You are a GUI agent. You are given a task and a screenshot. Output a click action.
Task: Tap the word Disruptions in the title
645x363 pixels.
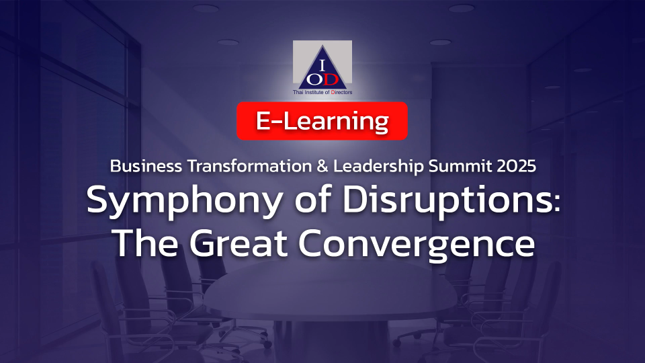tap(446, 202)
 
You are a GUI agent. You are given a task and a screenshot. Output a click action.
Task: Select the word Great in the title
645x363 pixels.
tap(238, 243)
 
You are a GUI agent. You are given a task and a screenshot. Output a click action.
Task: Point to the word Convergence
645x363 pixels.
tap(417, 245)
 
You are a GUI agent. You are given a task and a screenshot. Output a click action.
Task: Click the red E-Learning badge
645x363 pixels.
tap(322, 121)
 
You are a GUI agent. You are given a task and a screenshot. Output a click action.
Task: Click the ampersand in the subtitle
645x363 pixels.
tap(322, 166)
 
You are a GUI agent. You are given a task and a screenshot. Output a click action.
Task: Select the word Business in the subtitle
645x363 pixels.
tap(146, 166)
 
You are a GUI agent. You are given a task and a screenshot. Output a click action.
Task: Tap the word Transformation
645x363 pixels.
tap(250, 166)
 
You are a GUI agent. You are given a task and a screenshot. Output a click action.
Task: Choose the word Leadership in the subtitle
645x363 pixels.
tap(378, 167)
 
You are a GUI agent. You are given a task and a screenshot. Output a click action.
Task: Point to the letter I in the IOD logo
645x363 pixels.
tap(322, 65)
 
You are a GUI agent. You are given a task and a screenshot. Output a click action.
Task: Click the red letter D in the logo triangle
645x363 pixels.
tap(331, 79)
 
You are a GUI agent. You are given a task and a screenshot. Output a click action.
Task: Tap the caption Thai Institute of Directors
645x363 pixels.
tap(322, 92)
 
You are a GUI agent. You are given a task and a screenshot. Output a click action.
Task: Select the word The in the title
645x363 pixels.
tap(146, 243)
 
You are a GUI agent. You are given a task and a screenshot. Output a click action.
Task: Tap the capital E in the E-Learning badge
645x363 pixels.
tap(263, 121)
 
